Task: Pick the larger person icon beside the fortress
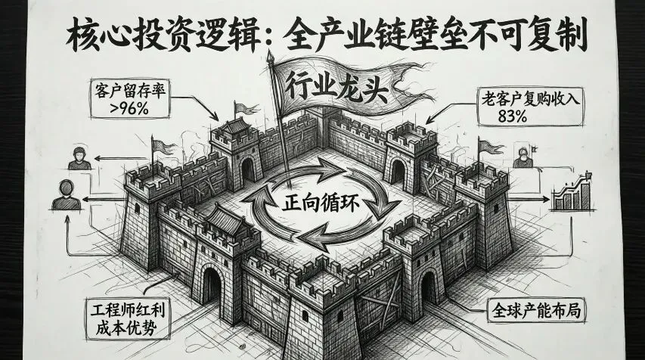(x=65, y=196)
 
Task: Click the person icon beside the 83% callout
(x=521, y=157)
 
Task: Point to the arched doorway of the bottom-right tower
(x=428, y=288)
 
